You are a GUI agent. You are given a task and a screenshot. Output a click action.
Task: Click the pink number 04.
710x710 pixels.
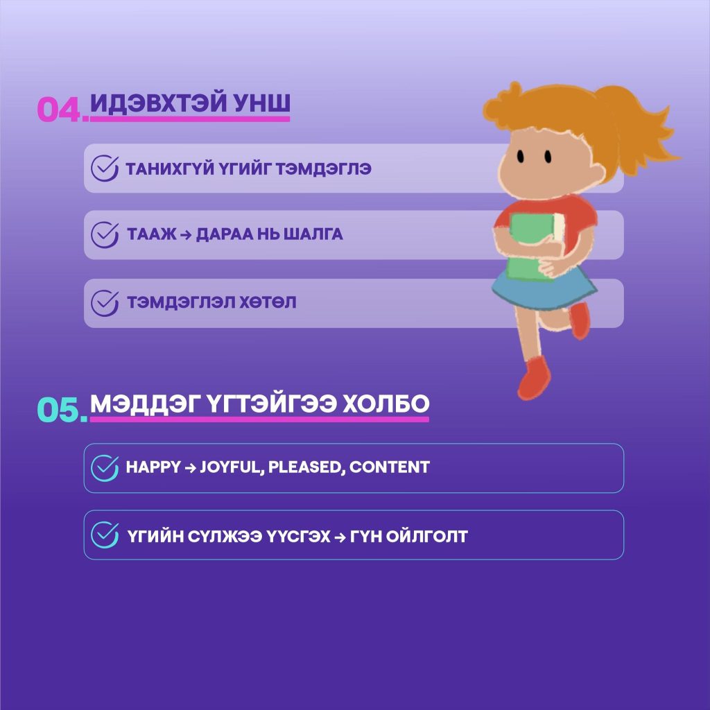coord(62,110)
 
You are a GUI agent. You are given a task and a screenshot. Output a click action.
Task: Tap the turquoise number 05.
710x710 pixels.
coord(62,410)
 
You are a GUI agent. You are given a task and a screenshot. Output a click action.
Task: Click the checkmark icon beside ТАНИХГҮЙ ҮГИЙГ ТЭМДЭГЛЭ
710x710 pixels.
coord(104,168)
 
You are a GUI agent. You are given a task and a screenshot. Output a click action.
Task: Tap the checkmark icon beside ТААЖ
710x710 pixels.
coord(104,235)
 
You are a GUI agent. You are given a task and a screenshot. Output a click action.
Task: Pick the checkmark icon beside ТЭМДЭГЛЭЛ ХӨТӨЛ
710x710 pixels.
coord(104,303)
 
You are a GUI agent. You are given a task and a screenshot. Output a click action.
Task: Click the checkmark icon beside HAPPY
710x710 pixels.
coord(104,467)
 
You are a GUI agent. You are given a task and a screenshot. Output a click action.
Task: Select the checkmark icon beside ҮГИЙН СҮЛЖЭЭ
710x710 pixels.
coord(104,535)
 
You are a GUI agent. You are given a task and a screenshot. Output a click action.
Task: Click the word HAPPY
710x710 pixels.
coord(153,467)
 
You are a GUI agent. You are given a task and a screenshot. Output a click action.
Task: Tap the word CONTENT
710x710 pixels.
coord(390,467)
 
